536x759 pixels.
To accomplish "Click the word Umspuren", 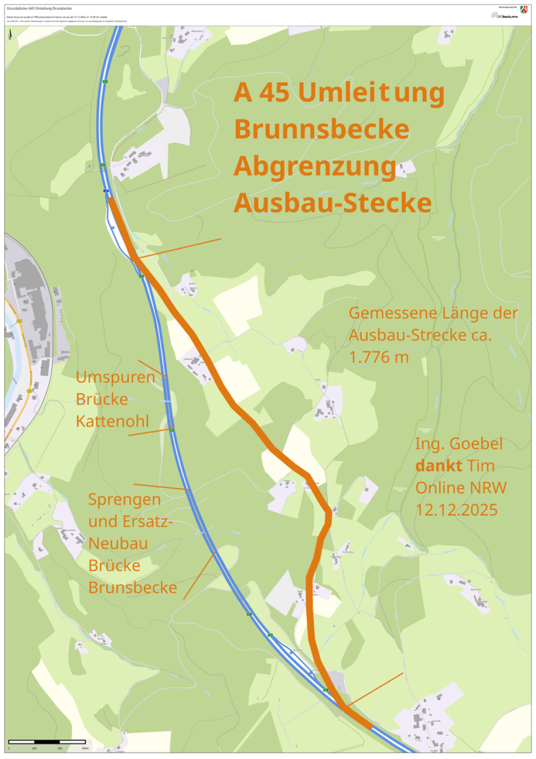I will click(x=115, y=377).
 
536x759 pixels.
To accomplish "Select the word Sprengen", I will click(x=124, y=500).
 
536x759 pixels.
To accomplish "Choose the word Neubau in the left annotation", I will click(x=117, y=544).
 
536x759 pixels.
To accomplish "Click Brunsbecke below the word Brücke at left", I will click(x=132, y=588).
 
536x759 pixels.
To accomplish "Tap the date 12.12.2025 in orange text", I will click(x=456, y=509).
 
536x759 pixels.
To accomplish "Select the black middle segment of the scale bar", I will click(x=47, y=742).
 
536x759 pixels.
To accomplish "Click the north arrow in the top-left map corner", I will click(x=10, y=36).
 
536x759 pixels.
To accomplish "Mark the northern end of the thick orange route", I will click(x=110, y=200).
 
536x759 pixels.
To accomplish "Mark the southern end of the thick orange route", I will click(x=371, y=726).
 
